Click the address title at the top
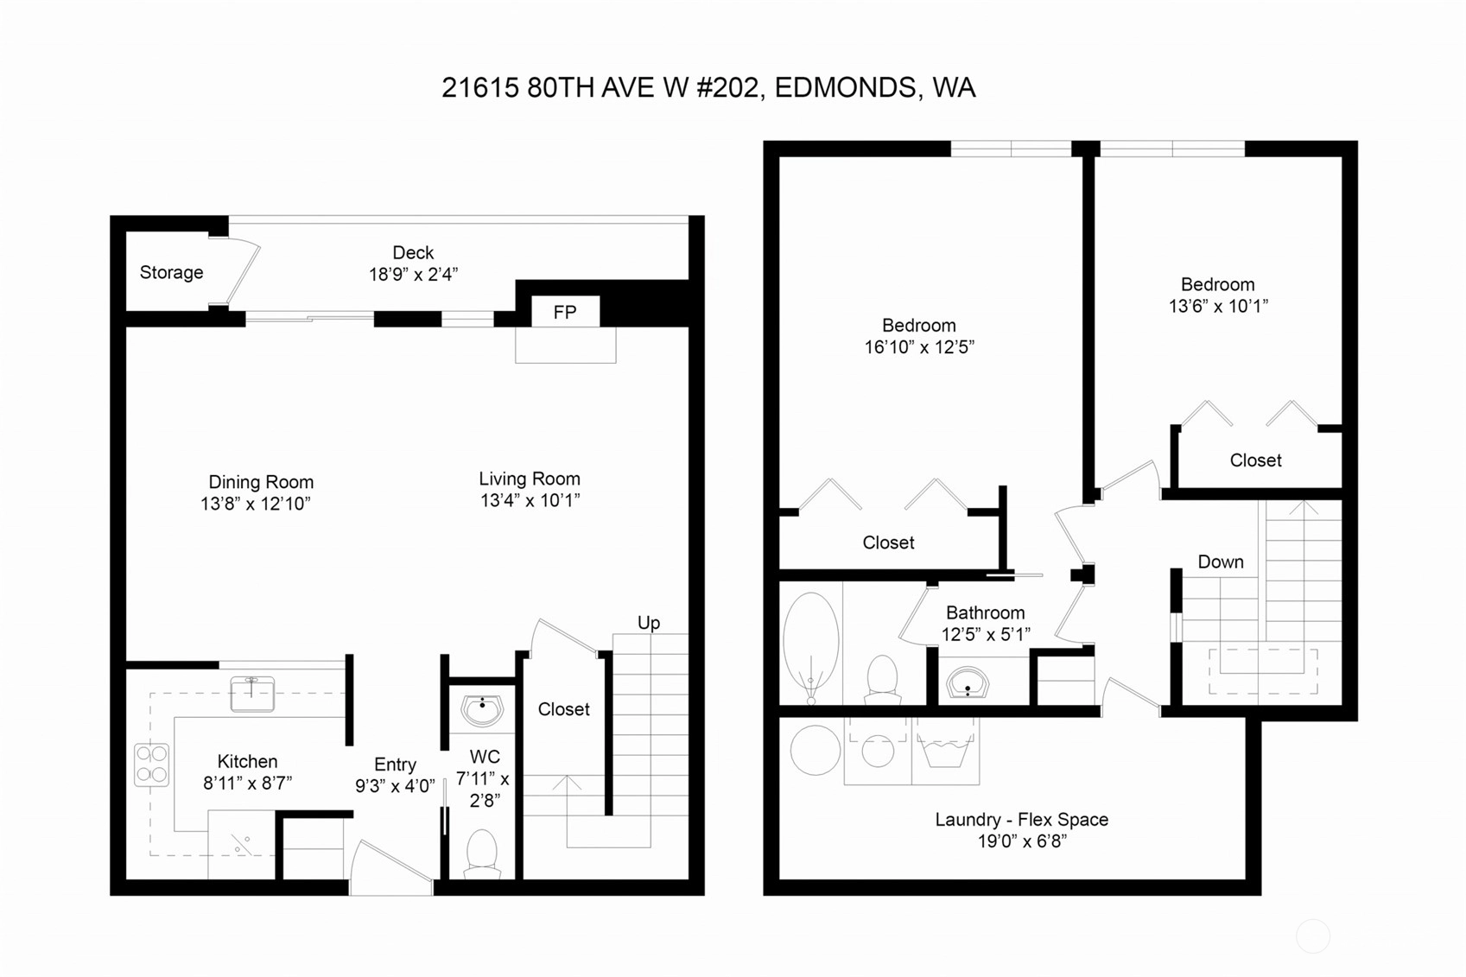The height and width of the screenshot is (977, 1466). coord(708,88)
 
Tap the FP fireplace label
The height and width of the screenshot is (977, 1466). coord(565,312)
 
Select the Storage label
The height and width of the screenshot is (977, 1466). coord(171,272)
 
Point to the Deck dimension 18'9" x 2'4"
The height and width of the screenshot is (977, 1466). coord(413,274)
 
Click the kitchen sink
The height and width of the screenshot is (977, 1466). coord(252,694)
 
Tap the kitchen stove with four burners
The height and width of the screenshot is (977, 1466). coord(151,764)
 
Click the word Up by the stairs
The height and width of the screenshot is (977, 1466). coord(649,623)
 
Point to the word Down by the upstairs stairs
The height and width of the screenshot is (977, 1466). coord(1221,561)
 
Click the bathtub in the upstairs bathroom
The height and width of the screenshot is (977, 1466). coord(811,647)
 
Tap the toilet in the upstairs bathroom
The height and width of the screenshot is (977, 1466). coord(881,679)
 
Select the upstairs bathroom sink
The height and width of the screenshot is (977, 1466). coord(968,682)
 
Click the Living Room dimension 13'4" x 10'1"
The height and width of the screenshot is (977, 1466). coord(530,501)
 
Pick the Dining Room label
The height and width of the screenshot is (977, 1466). coord(261,482)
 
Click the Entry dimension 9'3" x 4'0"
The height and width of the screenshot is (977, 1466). coord(395,786)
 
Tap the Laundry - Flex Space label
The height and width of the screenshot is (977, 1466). coord(1022,819)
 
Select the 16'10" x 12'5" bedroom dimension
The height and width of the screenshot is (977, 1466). coord(919,346)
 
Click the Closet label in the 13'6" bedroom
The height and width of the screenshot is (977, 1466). coord(1255,460)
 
